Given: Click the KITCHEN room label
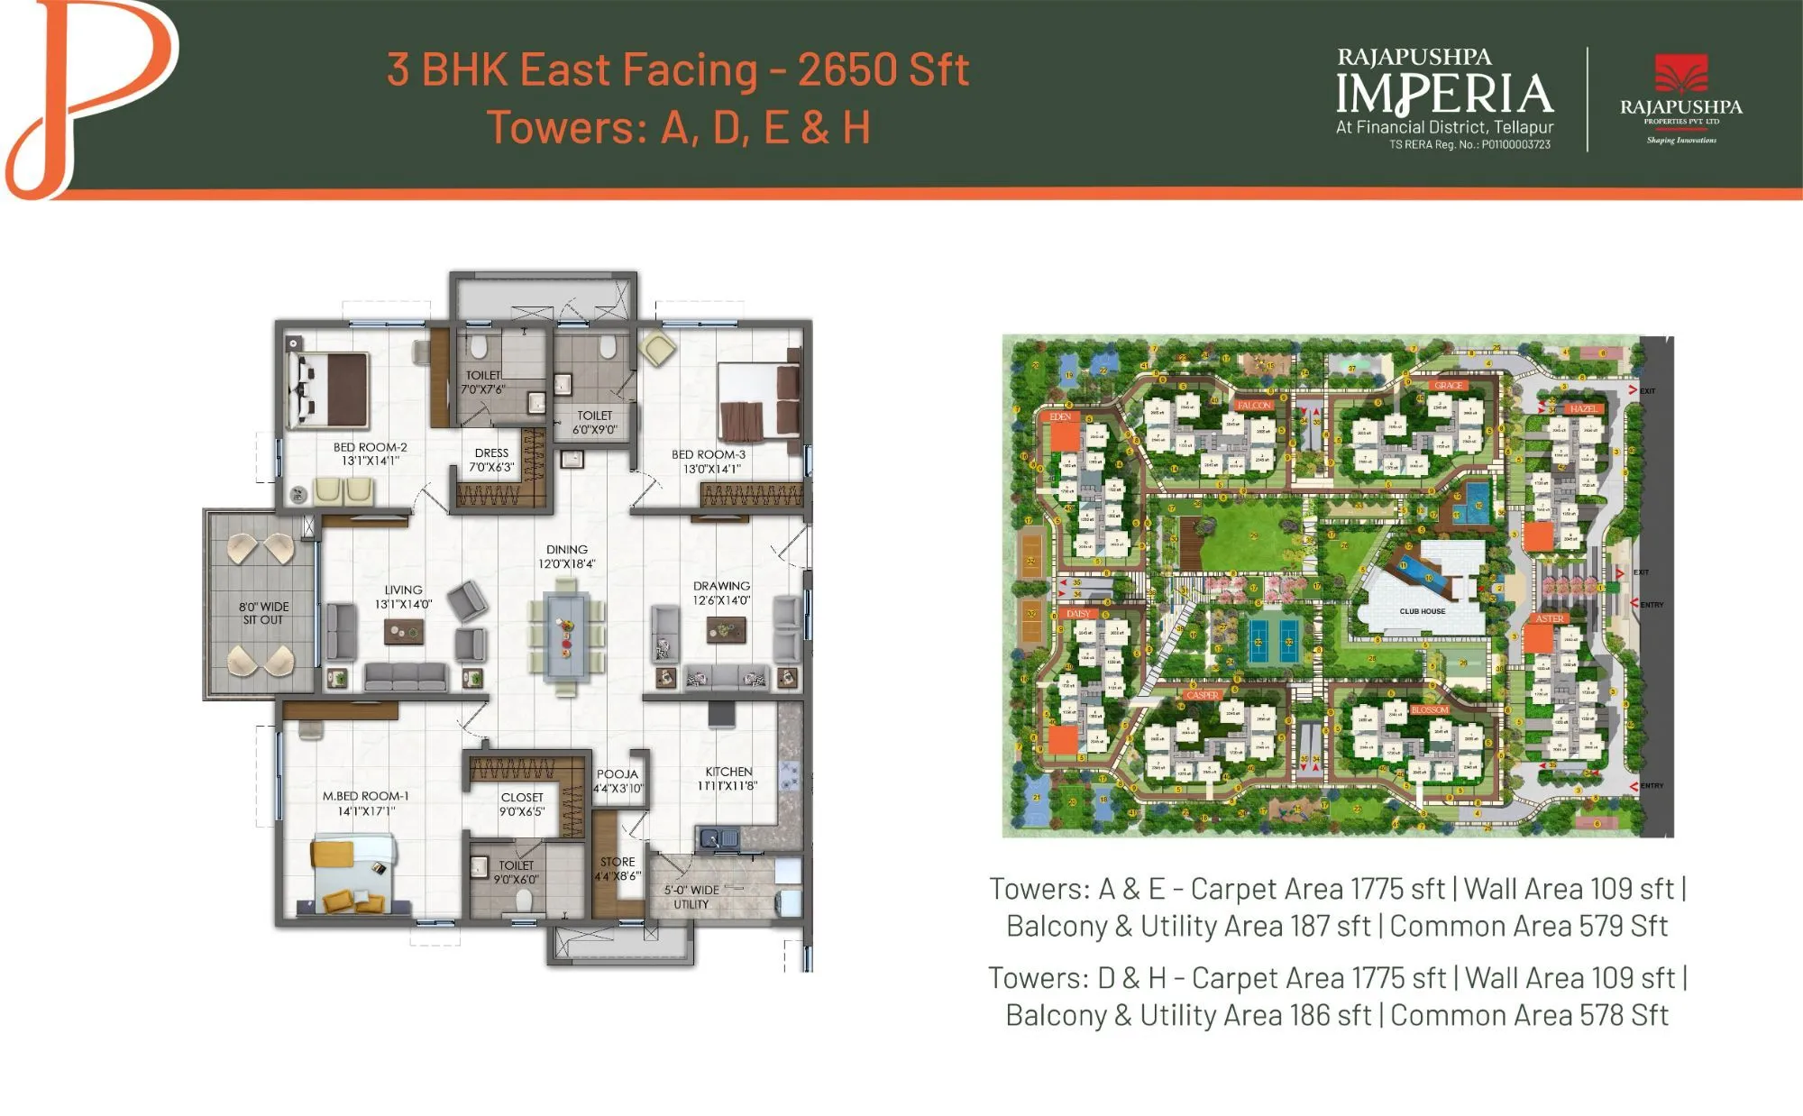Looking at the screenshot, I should [728, 772].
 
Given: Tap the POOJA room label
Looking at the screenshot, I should [618, 774].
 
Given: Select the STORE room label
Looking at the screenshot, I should [618, 863].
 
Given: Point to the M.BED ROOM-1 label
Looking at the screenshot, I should [366, 797].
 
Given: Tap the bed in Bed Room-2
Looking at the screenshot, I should [330, 389].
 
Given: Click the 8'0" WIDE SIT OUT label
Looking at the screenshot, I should [263, 613].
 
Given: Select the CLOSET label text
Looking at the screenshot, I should [522, 798].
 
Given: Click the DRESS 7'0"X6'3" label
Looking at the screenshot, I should [491, 460].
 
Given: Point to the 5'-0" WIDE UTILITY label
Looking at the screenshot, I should [691, 897].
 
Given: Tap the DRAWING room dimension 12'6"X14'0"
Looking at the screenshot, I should [721, 600].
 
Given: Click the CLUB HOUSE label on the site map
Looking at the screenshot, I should [1422, 611].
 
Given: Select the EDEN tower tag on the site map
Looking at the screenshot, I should [1060, 416].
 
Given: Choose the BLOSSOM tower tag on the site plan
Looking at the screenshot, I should [1429, 710].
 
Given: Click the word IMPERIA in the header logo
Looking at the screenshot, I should [1444, 95].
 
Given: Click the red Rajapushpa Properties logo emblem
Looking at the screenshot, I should [1681, 74].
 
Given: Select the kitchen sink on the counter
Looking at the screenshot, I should [718, 839].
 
